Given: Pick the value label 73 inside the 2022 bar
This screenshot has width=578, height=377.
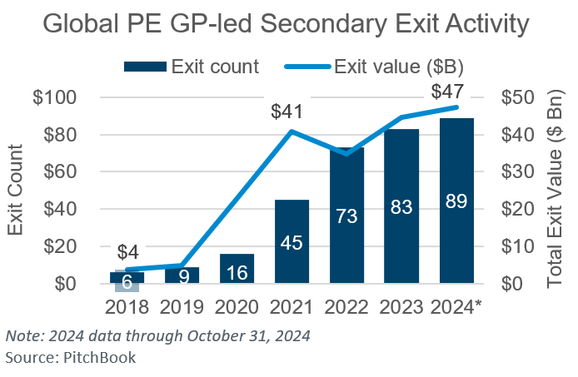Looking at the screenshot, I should pos(347,216).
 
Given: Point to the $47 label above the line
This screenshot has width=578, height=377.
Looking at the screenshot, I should pos(450,92).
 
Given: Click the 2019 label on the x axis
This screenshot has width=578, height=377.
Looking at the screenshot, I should pos(182,307).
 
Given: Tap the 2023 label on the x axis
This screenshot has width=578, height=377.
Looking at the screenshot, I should pos(402,307).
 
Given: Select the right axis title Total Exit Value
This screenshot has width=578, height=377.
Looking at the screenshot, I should pos(556,191).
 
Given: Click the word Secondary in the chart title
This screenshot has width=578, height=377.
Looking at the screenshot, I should pos(301,24).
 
